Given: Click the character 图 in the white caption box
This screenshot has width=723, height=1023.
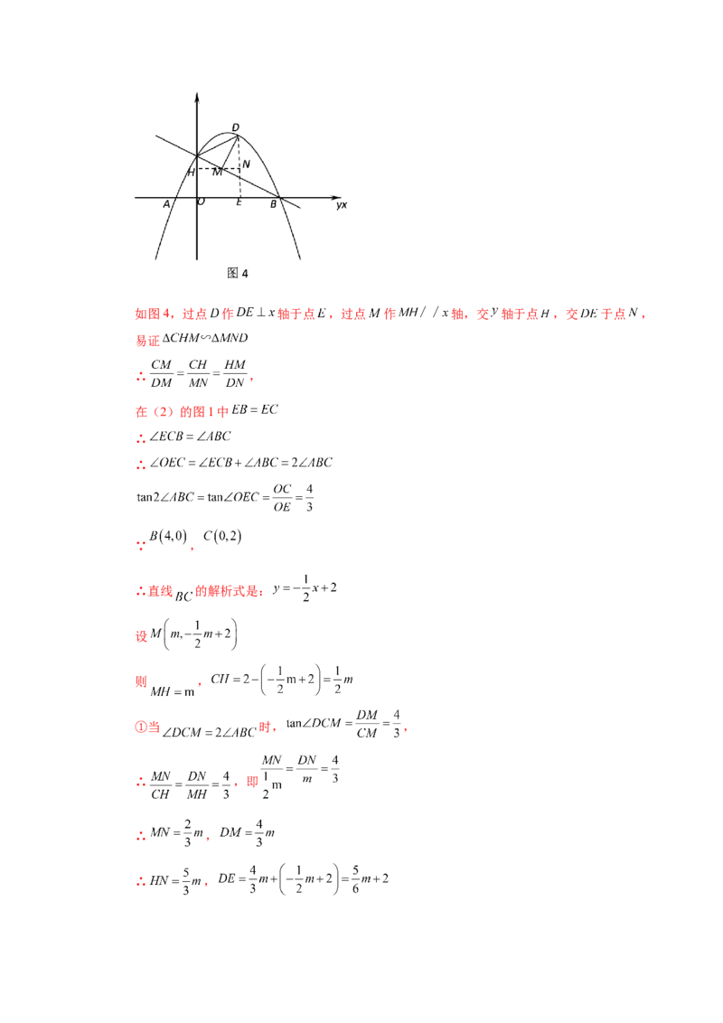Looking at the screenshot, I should (232, 274).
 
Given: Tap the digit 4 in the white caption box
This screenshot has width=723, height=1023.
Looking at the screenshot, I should (244, 274).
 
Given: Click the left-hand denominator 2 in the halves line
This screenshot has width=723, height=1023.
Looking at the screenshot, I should (278, 689).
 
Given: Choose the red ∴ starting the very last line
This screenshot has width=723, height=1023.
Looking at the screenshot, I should (140, 883).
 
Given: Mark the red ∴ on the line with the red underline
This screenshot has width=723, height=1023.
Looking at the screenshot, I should (140, 837).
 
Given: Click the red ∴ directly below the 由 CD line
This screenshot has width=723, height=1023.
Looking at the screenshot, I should (140, 439).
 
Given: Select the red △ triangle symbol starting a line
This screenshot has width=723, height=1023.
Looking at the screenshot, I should (140, 593).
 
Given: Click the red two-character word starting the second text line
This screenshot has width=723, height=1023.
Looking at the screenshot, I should (147, 343).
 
